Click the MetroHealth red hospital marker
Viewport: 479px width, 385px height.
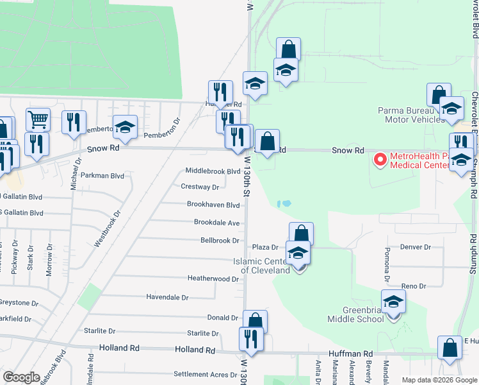coord(380,159)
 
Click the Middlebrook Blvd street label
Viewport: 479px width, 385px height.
coord(213,171)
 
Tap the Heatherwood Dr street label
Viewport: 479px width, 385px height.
coord(213,278)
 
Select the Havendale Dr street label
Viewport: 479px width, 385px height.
coord(167,298)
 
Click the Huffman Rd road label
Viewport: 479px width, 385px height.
coord(351,354)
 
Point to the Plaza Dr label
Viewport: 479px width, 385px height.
coord(265,247)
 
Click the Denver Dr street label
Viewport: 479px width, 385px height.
coord(416,246)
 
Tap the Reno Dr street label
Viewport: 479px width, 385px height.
coord(413,286)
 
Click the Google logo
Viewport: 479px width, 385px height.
coord(21,377)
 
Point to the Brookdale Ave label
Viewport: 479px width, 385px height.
coord(217,223)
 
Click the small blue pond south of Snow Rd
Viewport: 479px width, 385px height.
coord(284,203)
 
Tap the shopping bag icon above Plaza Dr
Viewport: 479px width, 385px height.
coord(300,234)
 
